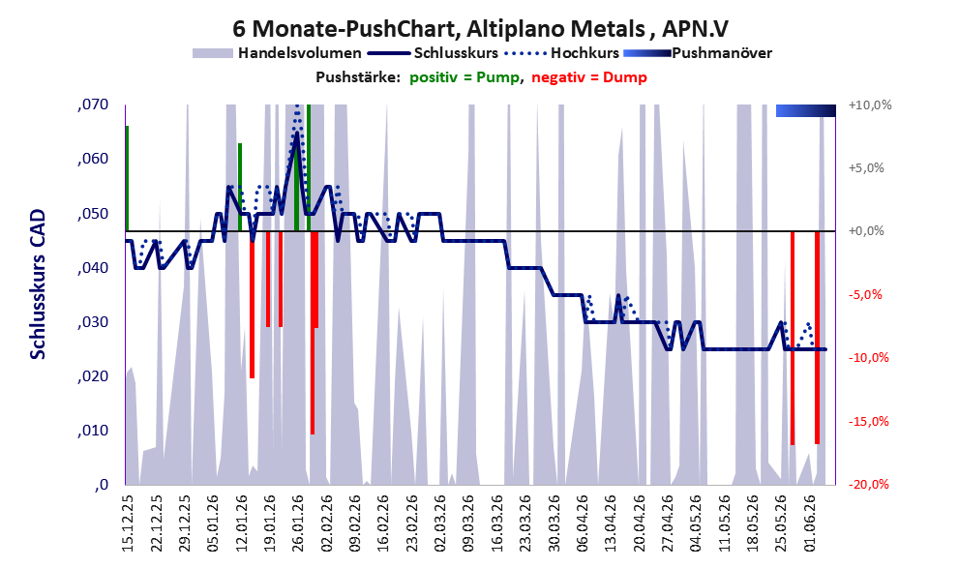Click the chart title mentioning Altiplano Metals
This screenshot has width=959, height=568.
point(480,28)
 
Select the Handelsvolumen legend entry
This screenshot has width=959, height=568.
point(277,53)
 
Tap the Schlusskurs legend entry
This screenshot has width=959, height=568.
point(433,53)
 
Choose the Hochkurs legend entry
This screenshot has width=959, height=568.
point(561,53)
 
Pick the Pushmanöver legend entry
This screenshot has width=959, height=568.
point(697,53)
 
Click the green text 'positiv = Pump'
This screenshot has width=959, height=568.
point(465,77)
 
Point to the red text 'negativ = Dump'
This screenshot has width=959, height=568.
point(589,77)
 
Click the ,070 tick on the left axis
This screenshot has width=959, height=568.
point(93,105)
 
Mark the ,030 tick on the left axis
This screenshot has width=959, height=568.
point(93,322)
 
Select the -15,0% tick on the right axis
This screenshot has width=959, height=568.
point(868,421)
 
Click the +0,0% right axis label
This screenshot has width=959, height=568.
point(867,231)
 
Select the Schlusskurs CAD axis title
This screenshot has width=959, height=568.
point(38,284)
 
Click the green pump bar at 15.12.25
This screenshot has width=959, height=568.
point(127,179)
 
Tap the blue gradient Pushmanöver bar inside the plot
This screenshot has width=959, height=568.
point(805,110)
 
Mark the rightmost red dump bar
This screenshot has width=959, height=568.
point(817,338)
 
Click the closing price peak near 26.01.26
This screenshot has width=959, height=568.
point(297,133)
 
